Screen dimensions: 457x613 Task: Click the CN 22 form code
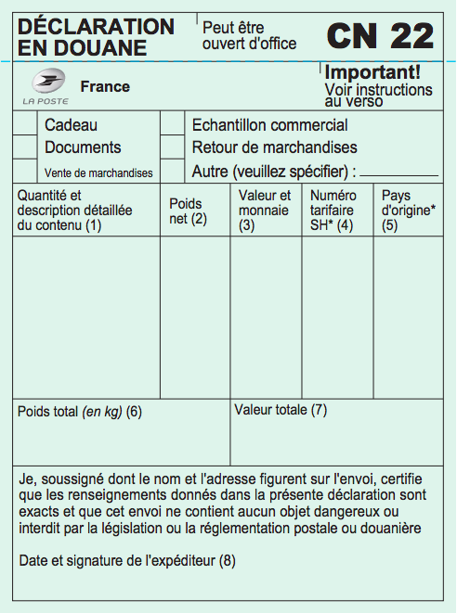click(x=380, y=36)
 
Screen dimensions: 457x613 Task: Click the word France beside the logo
click(x=105, y=87)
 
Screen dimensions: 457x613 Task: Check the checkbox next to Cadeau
click(x=25, y=124)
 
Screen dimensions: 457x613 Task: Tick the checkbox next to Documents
click(x=25, y=147)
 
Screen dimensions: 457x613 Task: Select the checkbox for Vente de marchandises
click(x=25, y=172)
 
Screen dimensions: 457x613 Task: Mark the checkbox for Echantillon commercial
click(x=173, y=124)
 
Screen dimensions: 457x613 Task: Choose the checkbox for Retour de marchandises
click(x=173, y=147)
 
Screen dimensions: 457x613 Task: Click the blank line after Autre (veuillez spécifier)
click(x=398, y=172)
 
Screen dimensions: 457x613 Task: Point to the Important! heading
click(x=372, y=71)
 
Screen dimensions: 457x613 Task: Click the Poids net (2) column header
click(x=188, y=211)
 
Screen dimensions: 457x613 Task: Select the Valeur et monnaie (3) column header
click(x=265, y=211)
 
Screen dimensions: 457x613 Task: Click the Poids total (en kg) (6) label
click(x=80, y=412)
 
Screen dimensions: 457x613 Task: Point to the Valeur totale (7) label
click(x=281, y=410)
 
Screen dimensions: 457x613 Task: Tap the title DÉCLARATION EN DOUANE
click(x=96, y=36)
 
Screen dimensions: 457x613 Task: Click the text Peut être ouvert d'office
click(x=249, y=35)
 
